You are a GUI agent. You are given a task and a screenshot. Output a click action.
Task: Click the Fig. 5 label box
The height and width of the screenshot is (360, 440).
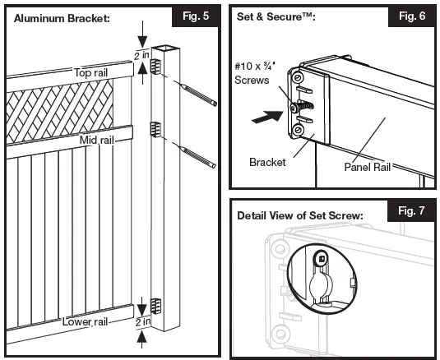(191, 16)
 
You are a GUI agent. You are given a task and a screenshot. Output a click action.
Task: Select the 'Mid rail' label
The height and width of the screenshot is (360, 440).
(96, 141)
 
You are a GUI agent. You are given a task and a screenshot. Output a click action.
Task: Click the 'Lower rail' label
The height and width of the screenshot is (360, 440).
(87, 320)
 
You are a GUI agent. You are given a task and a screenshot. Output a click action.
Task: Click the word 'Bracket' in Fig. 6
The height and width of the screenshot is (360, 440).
(266, 163)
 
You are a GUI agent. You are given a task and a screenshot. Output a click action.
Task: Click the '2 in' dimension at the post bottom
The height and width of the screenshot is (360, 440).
(145, 321)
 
